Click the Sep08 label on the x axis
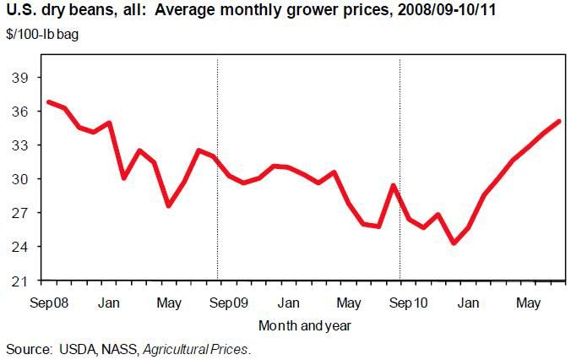49,302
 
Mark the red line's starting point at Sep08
49,102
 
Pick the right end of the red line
558,122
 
